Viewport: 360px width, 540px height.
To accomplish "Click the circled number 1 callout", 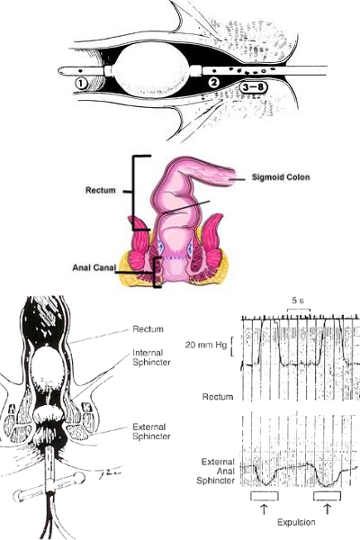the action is [x=81, y=84].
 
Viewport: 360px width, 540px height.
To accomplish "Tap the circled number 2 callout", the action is [x=214, y=83].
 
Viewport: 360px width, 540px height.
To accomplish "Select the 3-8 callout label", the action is [x=253, y=87].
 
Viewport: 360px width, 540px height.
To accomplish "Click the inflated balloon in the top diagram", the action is [x=152, y=71].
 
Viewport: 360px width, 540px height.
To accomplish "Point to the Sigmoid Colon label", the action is [x=281, y=177].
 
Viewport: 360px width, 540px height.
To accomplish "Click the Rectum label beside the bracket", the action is [x=101, y=190].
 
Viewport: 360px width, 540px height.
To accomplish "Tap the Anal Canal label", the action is [x=94, y=267].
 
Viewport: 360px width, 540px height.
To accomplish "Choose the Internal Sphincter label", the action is [x=151, y=357].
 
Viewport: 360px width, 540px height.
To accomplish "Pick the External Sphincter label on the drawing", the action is [x=151, y=431].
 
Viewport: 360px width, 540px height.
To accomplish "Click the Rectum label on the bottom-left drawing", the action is [x=148, y=329].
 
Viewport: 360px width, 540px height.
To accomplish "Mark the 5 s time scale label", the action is [x=298, y=301].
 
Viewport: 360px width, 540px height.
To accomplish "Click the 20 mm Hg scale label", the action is [x=206, y=345].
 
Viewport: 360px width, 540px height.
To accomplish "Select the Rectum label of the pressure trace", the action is [x=218, y=397].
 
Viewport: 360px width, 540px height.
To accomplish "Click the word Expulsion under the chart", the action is [x=296, y=522].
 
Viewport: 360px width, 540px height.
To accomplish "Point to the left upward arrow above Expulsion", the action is [x=264, y=508].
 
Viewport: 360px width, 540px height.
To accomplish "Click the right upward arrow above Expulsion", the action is [x=327, y=508].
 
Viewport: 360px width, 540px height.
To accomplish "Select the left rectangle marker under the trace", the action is [x=265, y=496].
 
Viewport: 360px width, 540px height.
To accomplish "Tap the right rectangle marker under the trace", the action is [x=328, y=496].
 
